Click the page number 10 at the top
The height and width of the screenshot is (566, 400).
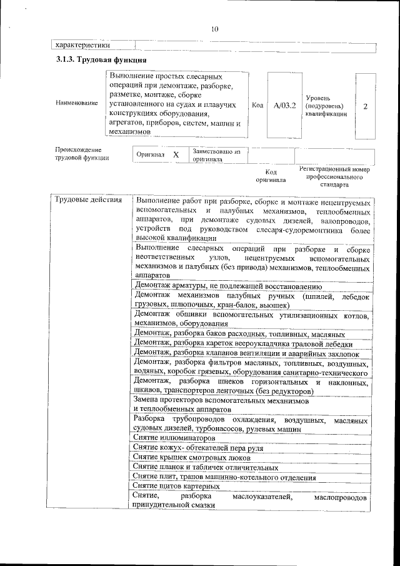(214, 29)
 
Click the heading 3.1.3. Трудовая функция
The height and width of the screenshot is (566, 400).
(101, 60)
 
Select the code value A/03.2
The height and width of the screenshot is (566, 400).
(284, 106)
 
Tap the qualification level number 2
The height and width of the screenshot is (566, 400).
(365, 106)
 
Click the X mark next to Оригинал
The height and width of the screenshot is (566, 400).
(176, 154)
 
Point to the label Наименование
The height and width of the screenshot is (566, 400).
(76, 103)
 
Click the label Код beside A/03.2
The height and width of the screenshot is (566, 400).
(257, 106)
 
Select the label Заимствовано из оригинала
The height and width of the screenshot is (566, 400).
(216, 155)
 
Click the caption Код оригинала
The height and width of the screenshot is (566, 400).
(271, 175)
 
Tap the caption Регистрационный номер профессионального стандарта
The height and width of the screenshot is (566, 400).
(334, 177)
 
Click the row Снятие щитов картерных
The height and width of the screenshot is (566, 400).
(176, 486)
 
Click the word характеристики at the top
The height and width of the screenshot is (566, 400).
(83, 45)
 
